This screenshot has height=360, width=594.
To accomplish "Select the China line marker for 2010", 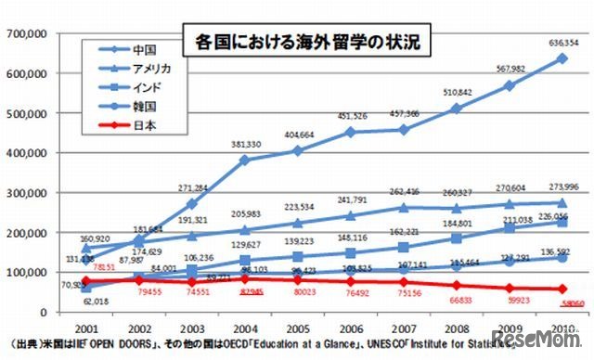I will coord(562,58).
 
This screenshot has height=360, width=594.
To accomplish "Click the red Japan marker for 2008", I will coord(455,285).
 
